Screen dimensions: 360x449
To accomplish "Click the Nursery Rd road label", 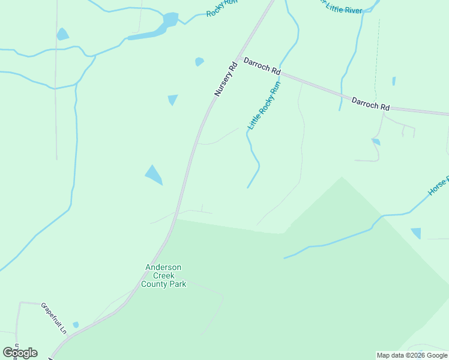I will (x=226, y=79).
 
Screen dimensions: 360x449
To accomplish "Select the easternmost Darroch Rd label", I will (x=370, y=103).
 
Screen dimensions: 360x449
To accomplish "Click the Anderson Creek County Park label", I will (x=163, y=275).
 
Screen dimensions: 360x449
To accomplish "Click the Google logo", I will (x=20, y=353).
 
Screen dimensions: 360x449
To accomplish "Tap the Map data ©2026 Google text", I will (x=412, y=355).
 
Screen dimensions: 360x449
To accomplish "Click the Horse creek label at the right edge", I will (x=438, y=187).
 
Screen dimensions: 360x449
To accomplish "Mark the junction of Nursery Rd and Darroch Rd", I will (x=239, y=58).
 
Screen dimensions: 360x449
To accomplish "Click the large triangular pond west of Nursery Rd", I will (x=154, y=175).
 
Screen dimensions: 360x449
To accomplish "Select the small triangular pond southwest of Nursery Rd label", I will (x=173, y=99).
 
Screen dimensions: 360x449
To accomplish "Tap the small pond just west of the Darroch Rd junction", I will (x=199, y=61).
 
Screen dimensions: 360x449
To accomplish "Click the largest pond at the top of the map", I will (x=170, y=20).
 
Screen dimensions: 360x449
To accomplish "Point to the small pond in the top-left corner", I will (x=62, y=35).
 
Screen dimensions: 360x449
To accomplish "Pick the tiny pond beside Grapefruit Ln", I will (x=76, y=325).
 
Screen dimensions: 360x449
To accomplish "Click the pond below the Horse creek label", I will (x=416, y=233).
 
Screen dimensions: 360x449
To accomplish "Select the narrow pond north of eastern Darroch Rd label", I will (x=394, y=81).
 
